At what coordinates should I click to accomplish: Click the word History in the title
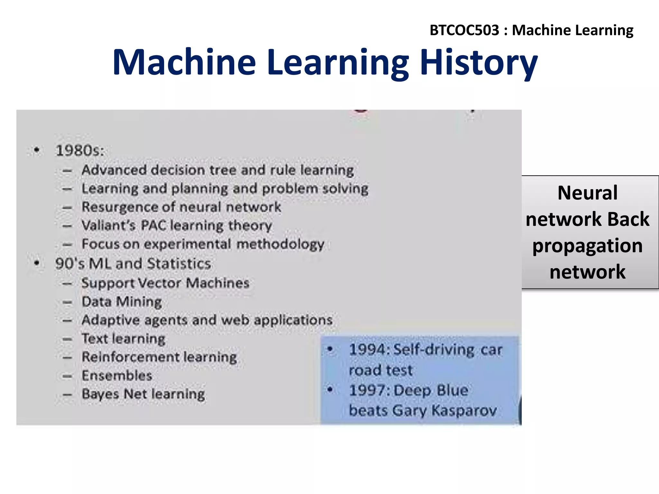[x=479, y=63]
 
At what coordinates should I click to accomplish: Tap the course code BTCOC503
[x=464, y=30]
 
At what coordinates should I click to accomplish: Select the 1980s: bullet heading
[x=80, y=151]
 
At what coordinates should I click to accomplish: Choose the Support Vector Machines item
[x=165, y=283]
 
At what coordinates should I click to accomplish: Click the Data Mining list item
[x=122, y=302]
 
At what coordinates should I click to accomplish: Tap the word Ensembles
[x=117, y=376]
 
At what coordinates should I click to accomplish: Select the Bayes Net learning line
[x=143, y=394]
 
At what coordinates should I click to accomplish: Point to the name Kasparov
[x=464, y=410]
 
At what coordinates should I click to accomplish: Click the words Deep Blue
[x=431, y=390]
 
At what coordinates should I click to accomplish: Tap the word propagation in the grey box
[x=587, y=246]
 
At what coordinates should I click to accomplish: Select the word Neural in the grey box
[x=587, y=193]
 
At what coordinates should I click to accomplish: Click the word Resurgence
[x=119, y=207]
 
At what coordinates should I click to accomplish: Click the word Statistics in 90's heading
[x=179, y=264]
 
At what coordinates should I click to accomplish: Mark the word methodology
[x=280, y=244]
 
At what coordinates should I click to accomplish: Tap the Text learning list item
[x=123, y=339]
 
